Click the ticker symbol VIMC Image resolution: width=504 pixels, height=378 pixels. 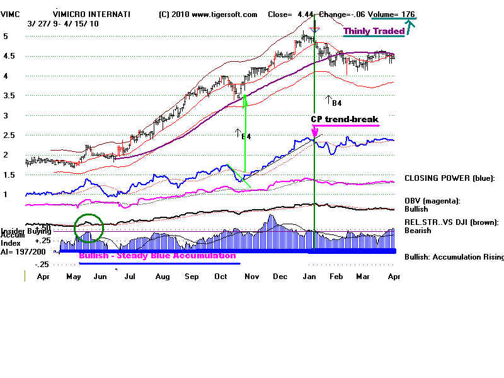tap(12, 14)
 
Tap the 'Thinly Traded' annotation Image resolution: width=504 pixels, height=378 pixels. tap(374, 31)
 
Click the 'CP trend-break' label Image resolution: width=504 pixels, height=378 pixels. tap(345, 119)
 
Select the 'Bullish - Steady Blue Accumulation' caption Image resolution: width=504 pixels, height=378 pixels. tap(157, 256)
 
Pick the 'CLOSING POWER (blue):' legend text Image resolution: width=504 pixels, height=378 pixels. tap(449, 178)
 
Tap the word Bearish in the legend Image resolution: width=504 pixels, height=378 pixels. tap(418, 231)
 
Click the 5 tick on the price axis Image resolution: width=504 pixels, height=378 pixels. tap(5, 37)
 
